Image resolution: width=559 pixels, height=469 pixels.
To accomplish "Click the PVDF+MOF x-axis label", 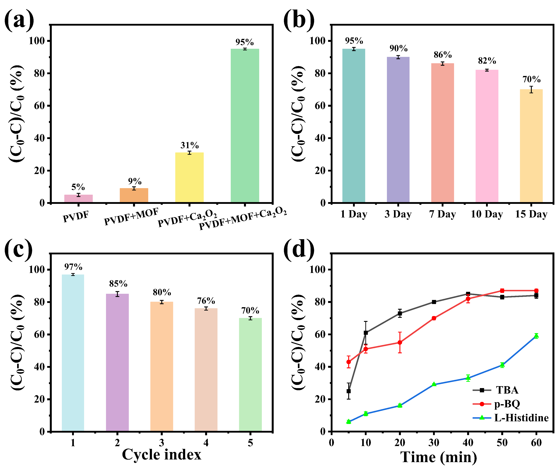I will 131,217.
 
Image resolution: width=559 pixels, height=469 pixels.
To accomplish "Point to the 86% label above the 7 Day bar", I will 442,55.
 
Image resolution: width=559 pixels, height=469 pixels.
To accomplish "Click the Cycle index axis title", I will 162,455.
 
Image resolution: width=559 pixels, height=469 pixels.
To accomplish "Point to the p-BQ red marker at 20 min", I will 400,343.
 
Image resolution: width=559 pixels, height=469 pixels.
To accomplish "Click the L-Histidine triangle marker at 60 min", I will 536,336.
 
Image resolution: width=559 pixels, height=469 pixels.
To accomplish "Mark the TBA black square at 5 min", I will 348,391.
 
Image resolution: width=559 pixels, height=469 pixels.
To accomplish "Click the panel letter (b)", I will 299,20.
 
